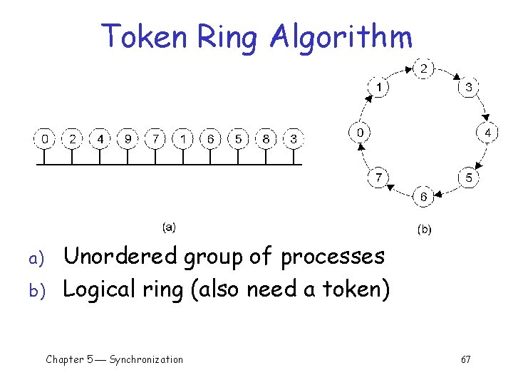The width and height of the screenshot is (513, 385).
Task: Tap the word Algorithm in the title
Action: point(341,37)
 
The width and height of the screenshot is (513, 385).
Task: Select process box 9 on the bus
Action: point(128,138)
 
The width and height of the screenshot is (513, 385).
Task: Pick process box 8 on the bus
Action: point(266,138)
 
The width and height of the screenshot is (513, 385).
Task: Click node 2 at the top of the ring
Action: point(423,69)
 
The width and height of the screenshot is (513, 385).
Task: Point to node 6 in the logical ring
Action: point(423,196)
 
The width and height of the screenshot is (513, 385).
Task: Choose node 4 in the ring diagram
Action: point(487,133)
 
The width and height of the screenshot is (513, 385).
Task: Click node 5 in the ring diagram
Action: point(468,178)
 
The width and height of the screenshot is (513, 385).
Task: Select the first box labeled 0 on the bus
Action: point(45,138)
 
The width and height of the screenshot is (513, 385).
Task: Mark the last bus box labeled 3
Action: point(293,138)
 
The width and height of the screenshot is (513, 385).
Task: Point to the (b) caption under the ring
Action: point(423,230)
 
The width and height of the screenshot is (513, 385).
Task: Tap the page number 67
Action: point(465,360)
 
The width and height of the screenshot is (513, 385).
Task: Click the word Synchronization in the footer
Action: point(146,359)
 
